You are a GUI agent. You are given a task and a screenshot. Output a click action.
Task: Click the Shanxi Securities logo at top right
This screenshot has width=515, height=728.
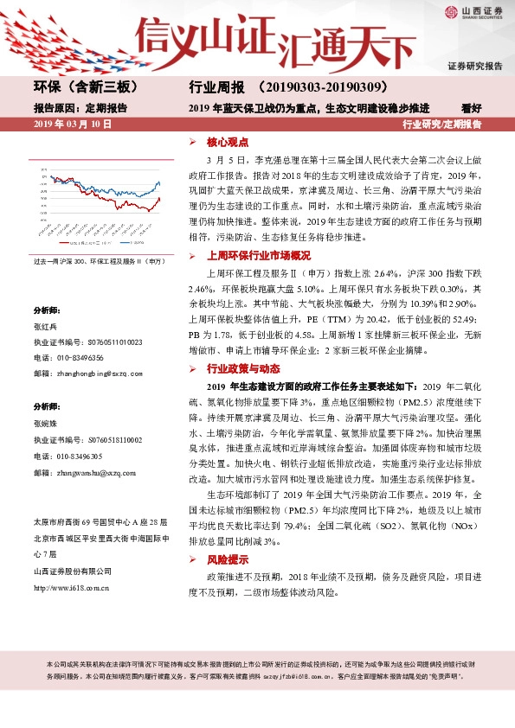pos(475,12)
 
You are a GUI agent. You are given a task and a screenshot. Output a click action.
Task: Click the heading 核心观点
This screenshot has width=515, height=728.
pos(228,142)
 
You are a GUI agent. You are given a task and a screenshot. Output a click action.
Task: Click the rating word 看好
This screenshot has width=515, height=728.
pos(470,109)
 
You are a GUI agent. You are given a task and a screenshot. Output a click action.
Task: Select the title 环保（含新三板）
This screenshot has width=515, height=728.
pos(86,87)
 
